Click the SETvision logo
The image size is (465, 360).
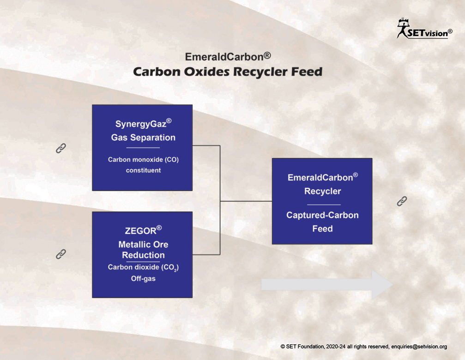[x=424, y=29]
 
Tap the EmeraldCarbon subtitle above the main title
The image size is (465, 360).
[x=228, y=56]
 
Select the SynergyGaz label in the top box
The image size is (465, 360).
[x=143, y=123]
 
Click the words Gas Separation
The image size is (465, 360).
[x=143, y=137]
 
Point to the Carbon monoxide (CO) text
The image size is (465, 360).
[x=143, y=160]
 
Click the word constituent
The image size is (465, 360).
[x=143, y=171]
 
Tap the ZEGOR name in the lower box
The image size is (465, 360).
[x=143, y=230]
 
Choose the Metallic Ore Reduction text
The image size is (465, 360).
[x=143, y=250]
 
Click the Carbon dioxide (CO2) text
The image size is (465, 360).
[x=143, y=268]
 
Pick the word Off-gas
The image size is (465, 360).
[x=143, y=279]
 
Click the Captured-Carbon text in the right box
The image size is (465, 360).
[x=322, y=215]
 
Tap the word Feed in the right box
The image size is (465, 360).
[x=322, y=229]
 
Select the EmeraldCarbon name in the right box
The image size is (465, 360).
[x=323, y=177]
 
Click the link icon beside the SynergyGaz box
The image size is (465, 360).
[x=61, y=148]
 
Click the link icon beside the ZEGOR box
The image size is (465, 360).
[x=61, y=254]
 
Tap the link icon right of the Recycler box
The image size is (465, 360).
[x=402, y=201]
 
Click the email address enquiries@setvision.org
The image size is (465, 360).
[x=419, y=346]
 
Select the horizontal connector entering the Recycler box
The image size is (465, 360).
[x=246, y=201]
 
